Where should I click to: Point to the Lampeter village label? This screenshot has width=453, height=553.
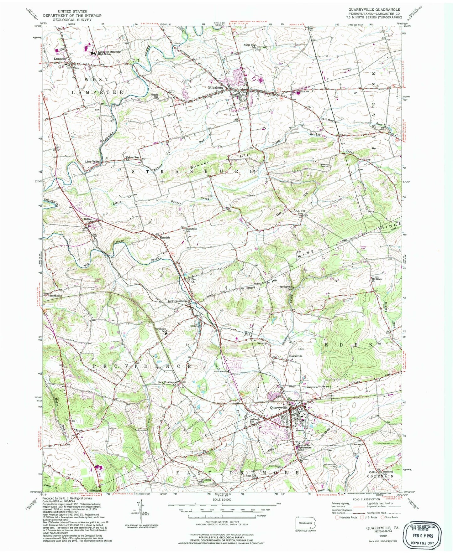pyautogui.click(x=60, y=59)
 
